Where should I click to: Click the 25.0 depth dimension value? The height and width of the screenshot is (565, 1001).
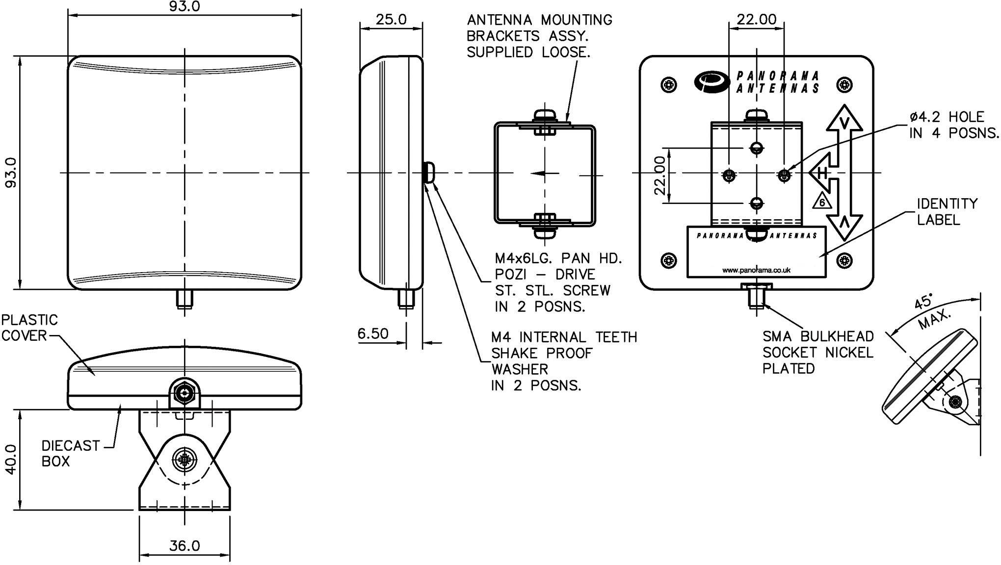[391, 19]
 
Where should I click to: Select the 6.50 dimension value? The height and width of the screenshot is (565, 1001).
[372, 334]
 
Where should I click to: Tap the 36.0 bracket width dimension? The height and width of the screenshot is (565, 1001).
[184, 545]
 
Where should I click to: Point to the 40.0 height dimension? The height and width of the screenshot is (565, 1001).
[11, 460]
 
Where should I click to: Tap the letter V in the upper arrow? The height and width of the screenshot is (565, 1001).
[844, 123]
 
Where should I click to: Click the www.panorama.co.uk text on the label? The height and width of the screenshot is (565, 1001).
[756, 270]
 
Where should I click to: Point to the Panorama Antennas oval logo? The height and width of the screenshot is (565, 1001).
[712, 81]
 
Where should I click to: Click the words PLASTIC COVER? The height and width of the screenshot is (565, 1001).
[29, 328]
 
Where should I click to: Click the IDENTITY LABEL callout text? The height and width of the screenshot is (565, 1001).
[947, 211]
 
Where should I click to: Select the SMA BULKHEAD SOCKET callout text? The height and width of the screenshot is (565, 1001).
[817, 352]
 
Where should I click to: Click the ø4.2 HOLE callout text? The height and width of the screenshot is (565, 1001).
[953, 125]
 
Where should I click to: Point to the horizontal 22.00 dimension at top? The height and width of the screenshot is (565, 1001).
[756, 19]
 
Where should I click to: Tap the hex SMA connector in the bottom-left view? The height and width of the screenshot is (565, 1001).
[184, 392]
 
